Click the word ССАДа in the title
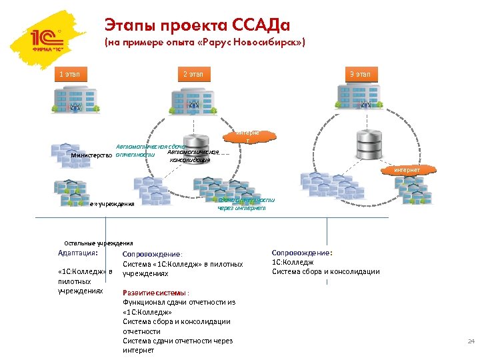click(260, 25)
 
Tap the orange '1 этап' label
click(69, 74)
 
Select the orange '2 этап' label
click(193, 74)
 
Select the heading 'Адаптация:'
click(78, 253)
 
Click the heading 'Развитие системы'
click(155, 292)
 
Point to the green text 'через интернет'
click(241, 208)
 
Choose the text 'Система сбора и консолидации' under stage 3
click(325, 271)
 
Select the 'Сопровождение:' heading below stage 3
click(302, 253)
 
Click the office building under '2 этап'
click(193, 97)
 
